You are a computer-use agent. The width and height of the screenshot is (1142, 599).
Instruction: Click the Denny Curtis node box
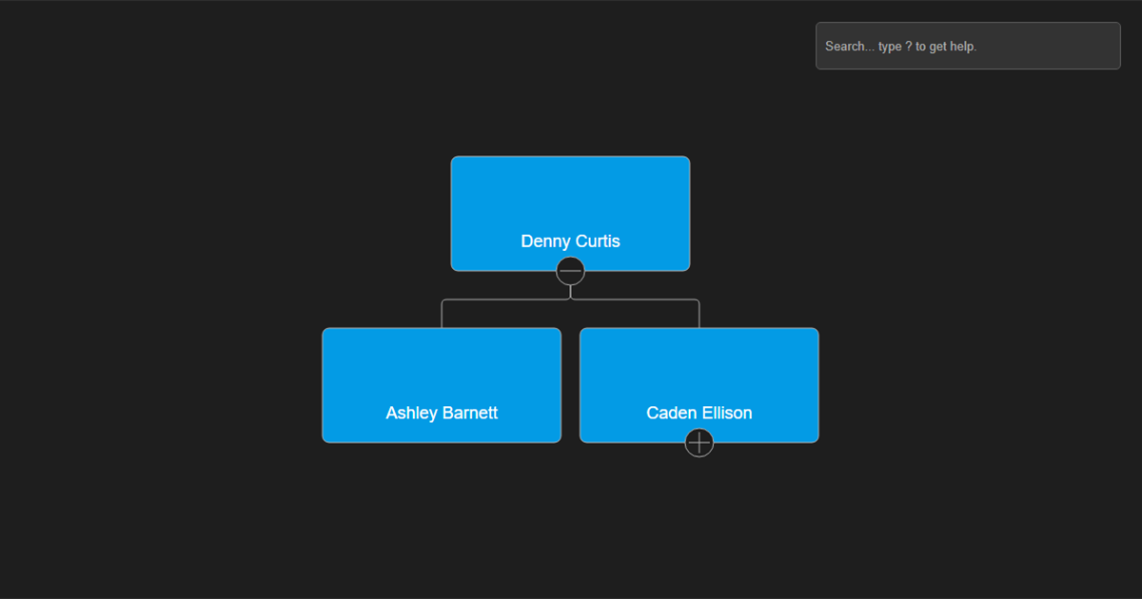(x=570, y=213)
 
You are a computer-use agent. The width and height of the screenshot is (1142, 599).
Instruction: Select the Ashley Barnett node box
(x=442, y=385)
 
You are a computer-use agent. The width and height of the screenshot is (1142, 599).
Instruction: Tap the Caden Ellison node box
(x=699, y=385)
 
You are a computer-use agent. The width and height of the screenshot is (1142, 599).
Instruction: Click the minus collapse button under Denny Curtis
(x=570, y=271)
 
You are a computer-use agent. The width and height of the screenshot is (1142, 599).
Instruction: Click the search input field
(x=968, y=46)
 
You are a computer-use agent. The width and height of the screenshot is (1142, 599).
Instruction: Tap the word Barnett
(x=470, y=413)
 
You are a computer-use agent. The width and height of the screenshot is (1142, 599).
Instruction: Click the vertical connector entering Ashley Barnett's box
(x=442, y=315)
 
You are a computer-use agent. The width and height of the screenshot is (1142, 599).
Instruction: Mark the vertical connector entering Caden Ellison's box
(x=699, y=315)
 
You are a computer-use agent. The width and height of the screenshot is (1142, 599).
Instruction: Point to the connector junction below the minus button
(x=570, y=299)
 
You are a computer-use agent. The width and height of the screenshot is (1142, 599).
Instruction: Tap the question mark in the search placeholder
(x=909, y=47)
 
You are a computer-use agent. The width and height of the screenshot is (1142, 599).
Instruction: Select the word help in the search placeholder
(x=962, y=47)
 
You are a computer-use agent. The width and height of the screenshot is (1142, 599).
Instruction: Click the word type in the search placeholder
(x=890, y=48)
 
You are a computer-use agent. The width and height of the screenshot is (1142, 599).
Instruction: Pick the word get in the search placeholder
(x=936, y=48)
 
